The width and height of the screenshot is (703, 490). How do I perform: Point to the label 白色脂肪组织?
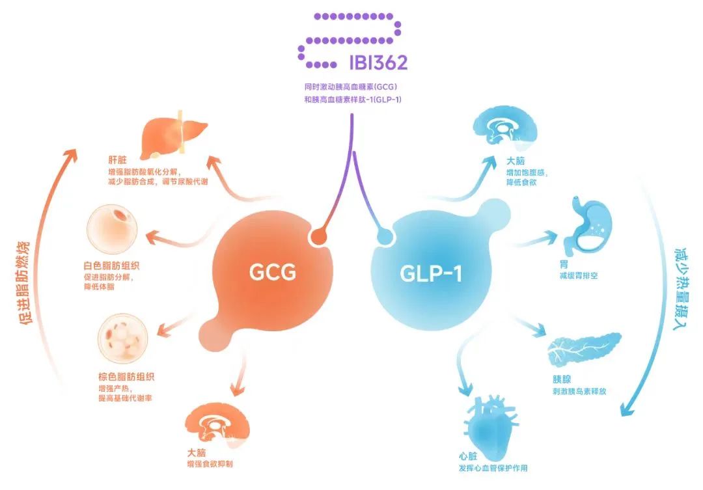coord(112,266)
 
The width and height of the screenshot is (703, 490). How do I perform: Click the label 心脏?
coord(468,457)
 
